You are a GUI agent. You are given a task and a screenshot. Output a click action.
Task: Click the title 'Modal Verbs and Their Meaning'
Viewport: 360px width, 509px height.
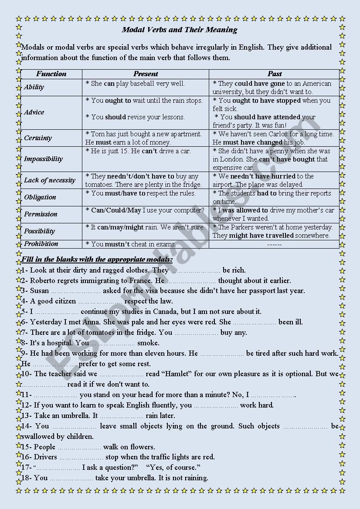point(180,30)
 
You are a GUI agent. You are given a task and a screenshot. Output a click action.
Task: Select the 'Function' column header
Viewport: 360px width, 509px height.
point(51,74)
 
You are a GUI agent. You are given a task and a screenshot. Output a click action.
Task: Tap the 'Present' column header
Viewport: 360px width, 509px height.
point(146,74)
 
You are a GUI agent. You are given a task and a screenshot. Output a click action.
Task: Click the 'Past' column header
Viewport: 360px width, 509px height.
point(274,74)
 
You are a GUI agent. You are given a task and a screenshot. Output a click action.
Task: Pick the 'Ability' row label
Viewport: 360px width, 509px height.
point(34,87)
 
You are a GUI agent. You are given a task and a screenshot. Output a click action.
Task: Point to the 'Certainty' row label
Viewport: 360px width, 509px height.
point(38,138)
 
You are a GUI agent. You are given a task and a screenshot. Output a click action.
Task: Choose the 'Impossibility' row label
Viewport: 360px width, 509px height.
point(43,159)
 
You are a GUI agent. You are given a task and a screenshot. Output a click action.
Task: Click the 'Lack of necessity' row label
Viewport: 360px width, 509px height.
point(50,180)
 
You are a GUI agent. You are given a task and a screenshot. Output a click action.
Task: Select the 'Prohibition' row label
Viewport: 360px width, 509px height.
point(41,244)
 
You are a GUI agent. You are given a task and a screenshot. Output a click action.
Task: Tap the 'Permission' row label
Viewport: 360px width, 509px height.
point(41,214)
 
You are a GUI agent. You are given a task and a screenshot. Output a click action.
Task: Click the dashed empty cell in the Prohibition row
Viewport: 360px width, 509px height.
point(274,244)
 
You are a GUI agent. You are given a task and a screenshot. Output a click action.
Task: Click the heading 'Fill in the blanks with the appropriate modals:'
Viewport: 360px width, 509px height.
point(97,260)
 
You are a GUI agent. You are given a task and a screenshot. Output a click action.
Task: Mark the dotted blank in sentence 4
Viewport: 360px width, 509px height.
point(100,301)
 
